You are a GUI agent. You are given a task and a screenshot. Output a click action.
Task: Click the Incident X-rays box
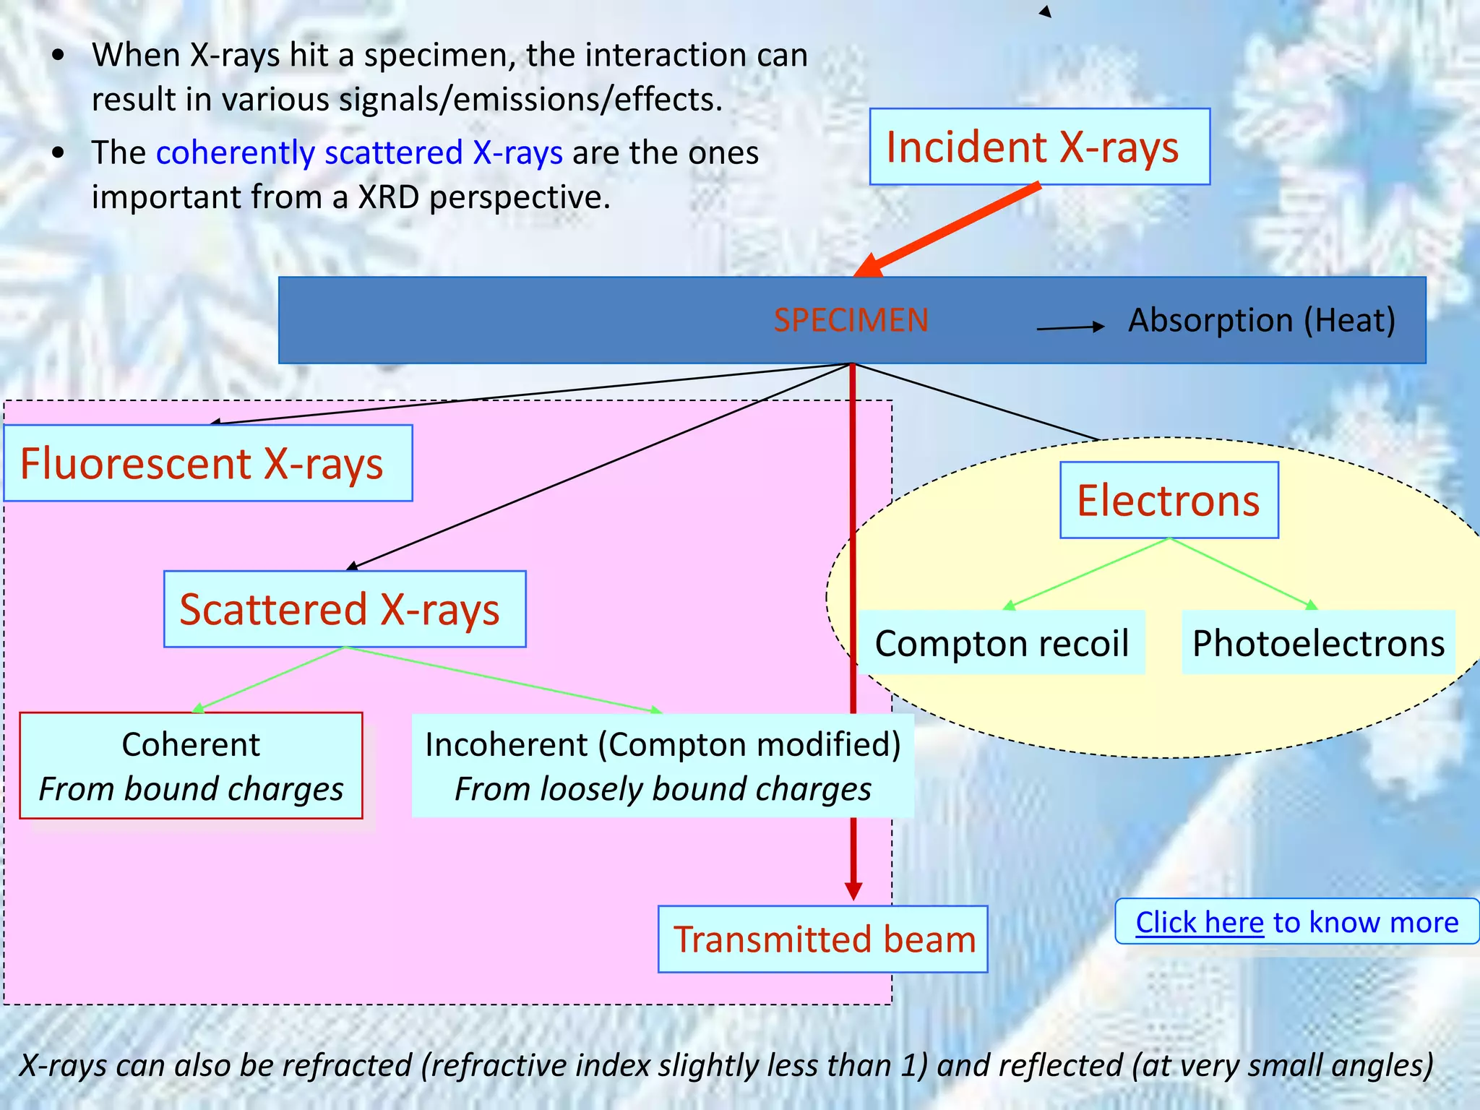[x=1039, y=147]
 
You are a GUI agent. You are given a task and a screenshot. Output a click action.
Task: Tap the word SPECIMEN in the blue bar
[x=851, y=320]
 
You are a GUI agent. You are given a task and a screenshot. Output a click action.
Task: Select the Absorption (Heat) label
[x=1262, y=320]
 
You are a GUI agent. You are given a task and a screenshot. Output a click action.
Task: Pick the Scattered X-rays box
[x=345, y=609]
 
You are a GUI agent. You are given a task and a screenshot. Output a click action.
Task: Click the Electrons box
[x=1169, y=500]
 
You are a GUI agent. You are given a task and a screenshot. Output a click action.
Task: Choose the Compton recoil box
[x=1002, y=643]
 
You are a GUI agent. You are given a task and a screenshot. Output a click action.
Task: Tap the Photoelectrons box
[x=1318, y=643]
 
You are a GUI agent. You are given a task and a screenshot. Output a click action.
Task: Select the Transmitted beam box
[x=822, y=939]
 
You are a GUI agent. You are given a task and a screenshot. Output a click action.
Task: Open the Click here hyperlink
[x=1200, y=922]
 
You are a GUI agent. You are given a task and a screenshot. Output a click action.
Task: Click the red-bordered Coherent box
[x=191, y=765]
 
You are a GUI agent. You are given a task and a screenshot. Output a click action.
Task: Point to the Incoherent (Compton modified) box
[x=663, y=765]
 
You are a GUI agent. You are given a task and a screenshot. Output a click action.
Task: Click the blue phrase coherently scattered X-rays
[x=359, y=152]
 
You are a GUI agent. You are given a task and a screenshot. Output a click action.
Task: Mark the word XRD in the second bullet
[x=389, y=197]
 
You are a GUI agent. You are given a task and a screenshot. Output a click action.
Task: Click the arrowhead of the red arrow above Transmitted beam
[x=853, y=891]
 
